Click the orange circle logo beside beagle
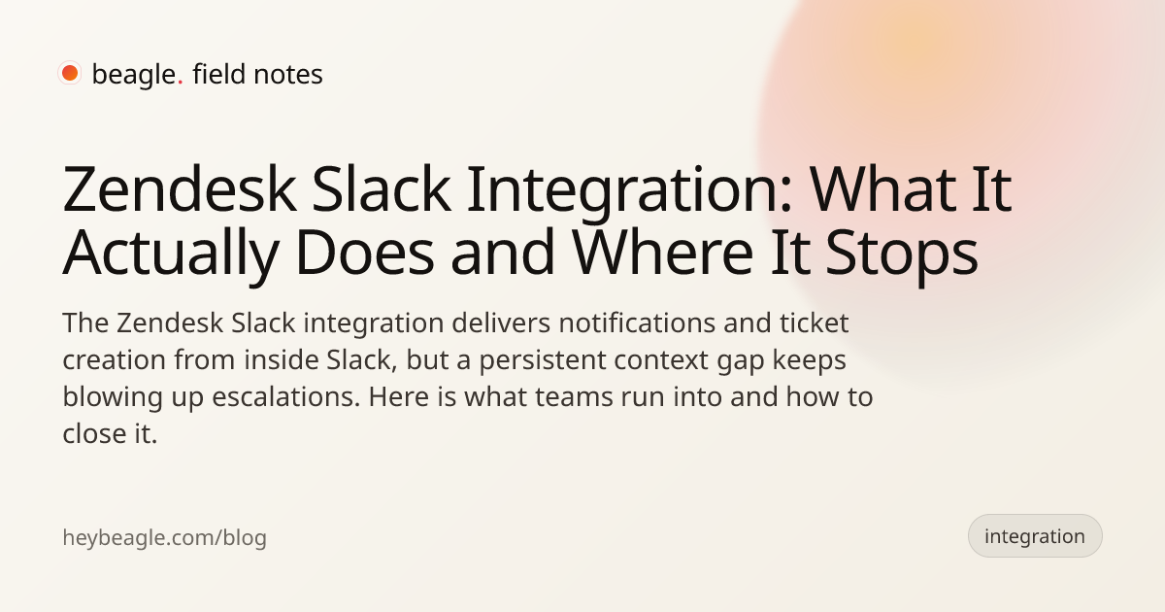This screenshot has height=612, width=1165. (x=70, y=73)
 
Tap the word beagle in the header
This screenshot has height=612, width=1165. (x=134, y=75)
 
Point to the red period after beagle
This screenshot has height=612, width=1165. (x=180, y=83)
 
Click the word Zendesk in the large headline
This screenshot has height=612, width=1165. (x=180, y=188)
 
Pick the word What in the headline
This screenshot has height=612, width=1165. (x=882, y=188)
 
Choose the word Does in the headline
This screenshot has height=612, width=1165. (x=365, y=253)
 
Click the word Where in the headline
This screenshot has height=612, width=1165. (x=662, y=253)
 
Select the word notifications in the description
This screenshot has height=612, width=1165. (x=637, y=323)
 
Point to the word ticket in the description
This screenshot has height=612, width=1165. (x=814, y=323)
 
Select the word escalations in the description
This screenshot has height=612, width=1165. (x=285, y=396)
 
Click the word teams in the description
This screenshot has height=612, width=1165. (x=573, y=397)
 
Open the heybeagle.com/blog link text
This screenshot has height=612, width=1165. (x=164, y=538)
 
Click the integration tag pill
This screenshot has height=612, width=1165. (x=1035, y=536)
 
